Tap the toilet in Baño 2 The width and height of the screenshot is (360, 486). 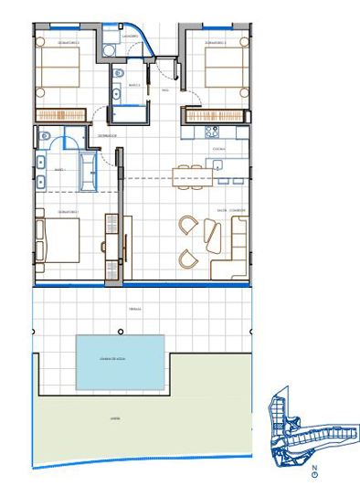pyautogui.click(x=118, y=74)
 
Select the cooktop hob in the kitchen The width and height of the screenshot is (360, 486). pyautogui.click(x=219, y=164)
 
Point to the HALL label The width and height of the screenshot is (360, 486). pyautogui.click(x=165, y=90)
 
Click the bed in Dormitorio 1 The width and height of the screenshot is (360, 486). pyautogui.click(x=58, y=239)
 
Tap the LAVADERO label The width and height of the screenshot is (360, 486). pyautogui.click(x=130, y=37)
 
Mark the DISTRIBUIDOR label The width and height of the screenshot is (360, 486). pyautogui.click(x=109, y=135)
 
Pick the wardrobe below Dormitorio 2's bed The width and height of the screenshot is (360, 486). pyautogui.click(x=59, y=114)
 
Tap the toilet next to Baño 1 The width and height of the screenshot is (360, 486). pyautogui.click(x=45, y=136)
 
